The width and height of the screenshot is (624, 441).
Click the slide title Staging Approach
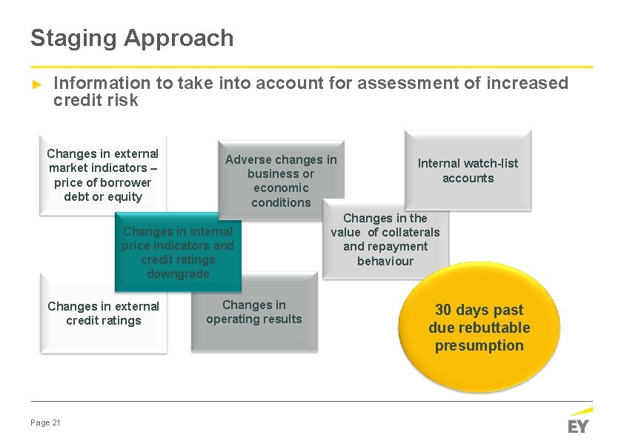132,38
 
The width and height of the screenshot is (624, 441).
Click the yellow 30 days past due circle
479,328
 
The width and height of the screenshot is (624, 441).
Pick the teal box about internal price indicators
178,253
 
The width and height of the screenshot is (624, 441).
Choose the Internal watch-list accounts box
468,170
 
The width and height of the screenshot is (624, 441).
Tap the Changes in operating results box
254,312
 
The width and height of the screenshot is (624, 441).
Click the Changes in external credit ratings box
103,314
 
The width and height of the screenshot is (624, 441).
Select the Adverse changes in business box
281,181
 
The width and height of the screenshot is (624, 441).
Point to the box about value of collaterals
385,239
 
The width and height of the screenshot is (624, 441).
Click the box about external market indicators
103,175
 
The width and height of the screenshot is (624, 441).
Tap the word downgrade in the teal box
178,273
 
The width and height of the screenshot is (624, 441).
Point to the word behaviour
385,261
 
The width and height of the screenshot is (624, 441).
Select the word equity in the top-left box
125,196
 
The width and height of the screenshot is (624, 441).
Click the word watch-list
490,163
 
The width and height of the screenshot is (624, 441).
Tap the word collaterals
411,232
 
